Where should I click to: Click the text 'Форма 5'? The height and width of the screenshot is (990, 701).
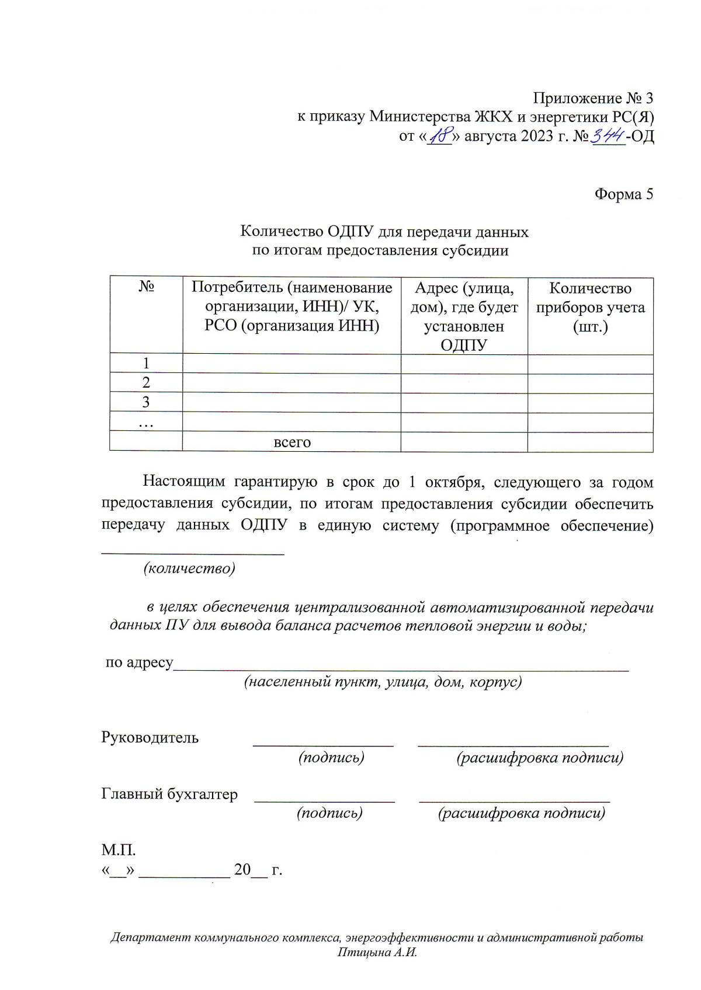(x=623, y=194)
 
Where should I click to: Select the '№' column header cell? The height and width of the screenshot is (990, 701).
(x=146, y=287)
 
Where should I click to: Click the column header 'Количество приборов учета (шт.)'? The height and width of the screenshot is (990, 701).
(x=590, y=307)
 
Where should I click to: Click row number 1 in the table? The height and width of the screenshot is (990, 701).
(x=146, y=363)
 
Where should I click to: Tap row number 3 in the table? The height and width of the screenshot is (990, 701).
(x=146, y=402)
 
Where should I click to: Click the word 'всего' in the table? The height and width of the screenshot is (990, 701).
(x=292, y=442)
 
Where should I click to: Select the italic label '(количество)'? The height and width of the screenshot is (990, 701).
(x=189, y=568)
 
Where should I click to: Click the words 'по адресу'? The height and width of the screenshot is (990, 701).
(x=139, y=663)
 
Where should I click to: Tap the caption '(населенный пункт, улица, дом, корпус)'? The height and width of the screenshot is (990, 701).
(x=383, y=682)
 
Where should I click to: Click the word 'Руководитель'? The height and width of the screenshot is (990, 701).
(x=150, y=738)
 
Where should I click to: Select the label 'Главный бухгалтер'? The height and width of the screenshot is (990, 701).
(x=169, y=794)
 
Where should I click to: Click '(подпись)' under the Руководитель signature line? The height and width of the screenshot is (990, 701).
(x=331, y=758)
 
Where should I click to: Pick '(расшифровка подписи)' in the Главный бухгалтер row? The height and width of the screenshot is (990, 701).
(x=521, y=813)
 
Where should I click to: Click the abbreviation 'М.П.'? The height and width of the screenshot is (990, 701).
(x=119, y=850)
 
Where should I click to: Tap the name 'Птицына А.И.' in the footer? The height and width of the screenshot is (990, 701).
(x=377, y=953)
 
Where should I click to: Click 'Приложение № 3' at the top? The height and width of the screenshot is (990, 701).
(x=593, y=98)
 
